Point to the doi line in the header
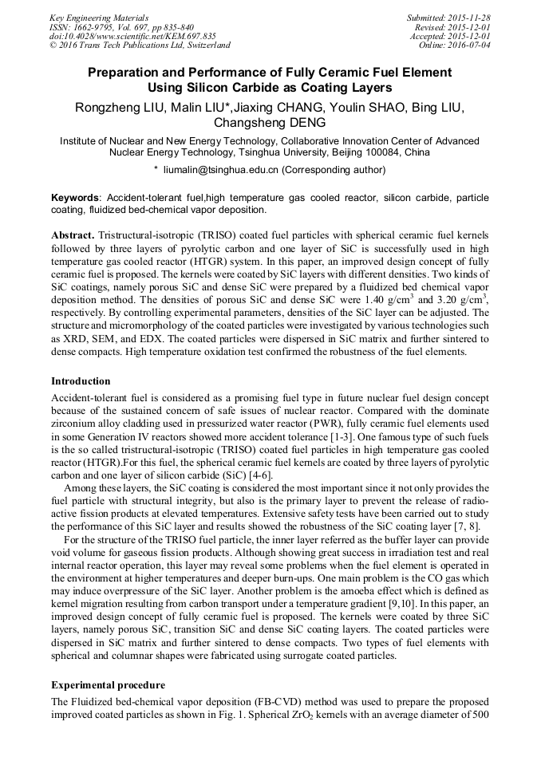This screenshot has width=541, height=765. [x=132, y=36]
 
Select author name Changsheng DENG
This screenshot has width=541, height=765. [x=270, y=124]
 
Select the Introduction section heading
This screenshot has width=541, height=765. [x=81, y=381]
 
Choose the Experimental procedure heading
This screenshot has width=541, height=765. [x=108, y=685]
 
